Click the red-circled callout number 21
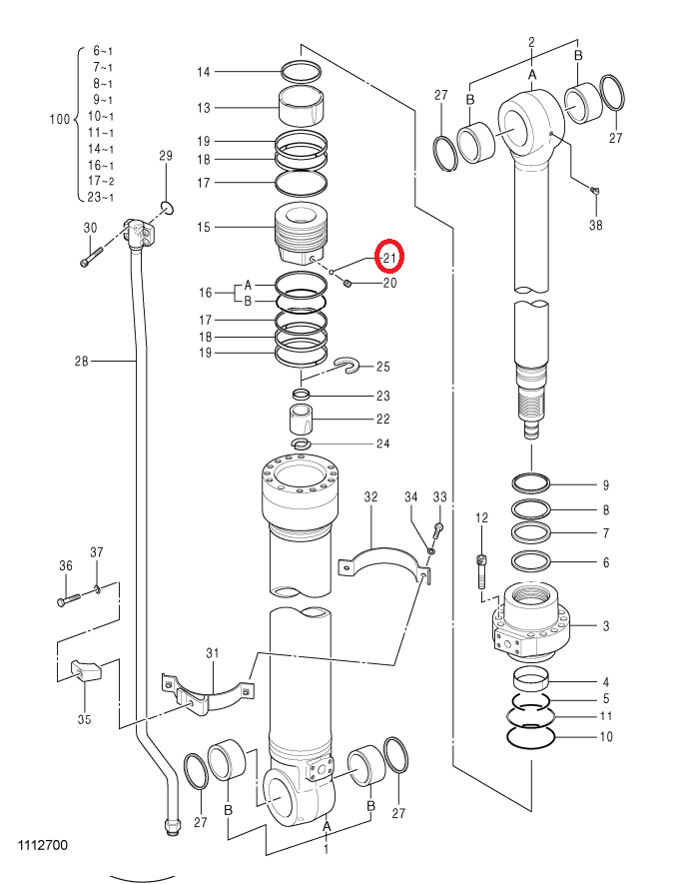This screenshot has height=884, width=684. coord(390,259)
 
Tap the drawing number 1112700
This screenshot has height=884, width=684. coord(43,845)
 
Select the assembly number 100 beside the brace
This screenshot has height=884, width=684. coord(60,119)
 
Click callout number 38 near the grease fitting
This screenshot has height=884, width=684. coord(595,225)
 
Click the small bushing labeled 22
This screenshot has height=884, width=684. coord(301,419)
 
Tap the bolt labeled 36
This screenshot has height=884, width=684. coord(70,598)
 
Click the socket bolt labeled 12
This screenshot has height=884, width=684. coord(481,571)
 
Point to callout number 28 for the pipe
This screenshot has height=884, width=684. coord(81,361)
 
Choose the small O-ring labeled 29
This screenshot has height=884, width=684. coord(166,208)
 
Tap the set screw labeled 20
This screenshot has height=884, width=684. coord(347,283)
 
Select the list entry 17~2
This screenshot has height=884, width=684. coord(101,181)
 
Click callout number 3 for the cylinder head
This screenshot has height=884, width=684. coord(606,625)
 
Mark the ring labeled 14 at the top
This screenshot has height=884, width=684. coord(302,72)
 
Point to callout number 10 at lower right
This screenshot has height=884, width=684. coord(606,736)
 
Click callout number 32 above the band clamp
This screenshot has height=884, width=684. coord(370,497)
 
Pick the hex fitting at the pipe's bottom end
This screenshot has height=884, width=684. coord(173,826)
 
